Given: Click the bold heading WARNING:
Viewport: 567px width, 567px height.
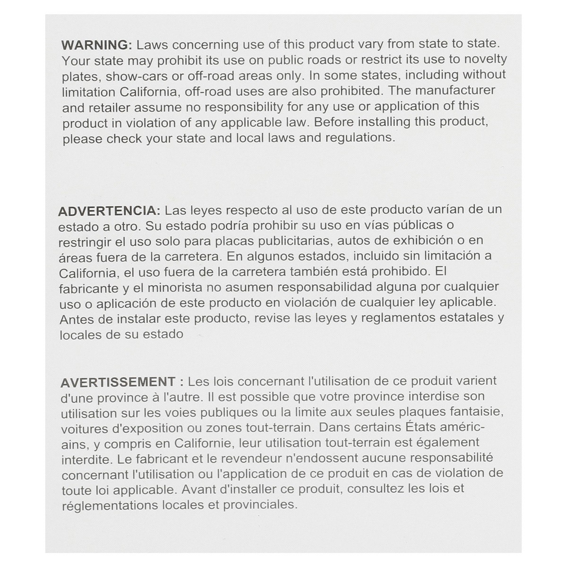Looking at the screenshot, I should coord(97,45).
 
